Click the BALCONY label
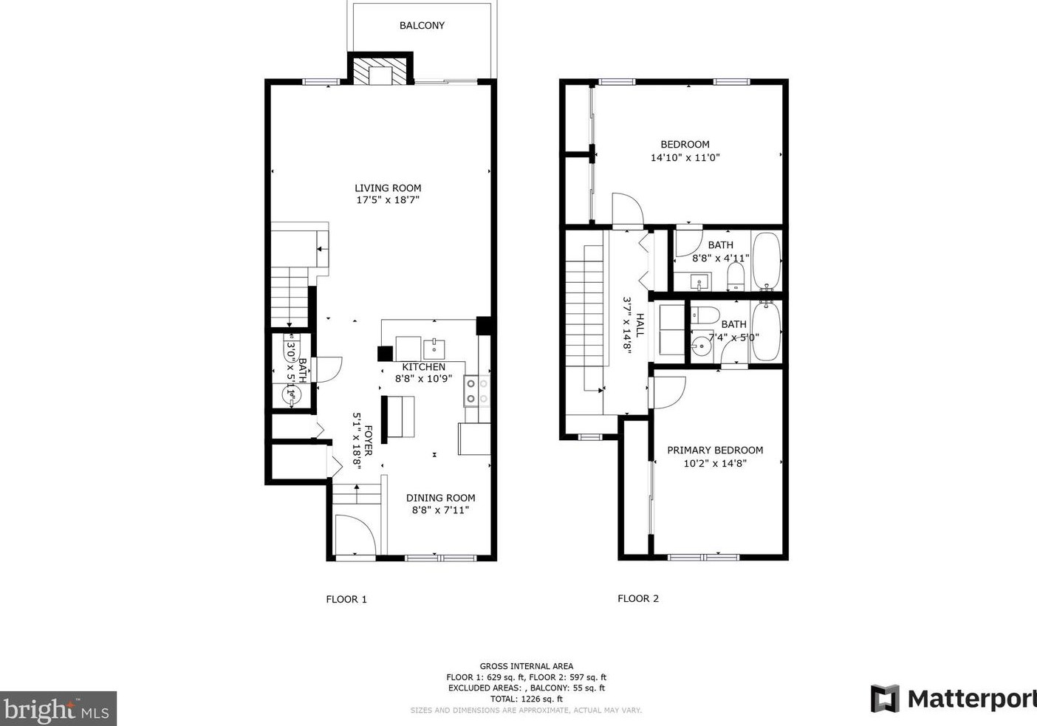pos(422,25)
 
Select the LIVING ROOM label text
pos(388,188)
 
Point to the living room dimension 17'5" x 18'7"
pos(388,200)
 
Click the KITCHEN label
pos(423,367)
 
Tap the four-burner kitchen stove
pos(477,391)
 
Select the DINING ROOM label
pos(440,498)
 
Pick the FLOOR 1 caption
pos(346,599)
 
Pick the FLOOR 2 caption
pos(637,598)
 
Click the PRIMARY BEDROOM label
pos(715,450)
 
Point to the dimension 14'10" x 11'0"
pos(685,157)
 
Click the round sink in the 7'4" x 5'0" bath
pos(699,345)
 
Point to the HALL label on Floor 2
pos(640,325)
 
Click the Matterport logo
pos(953,698)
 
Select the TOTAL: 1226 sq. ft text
pos(526,699)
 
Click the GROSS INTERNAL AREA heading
pos(526,666)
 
